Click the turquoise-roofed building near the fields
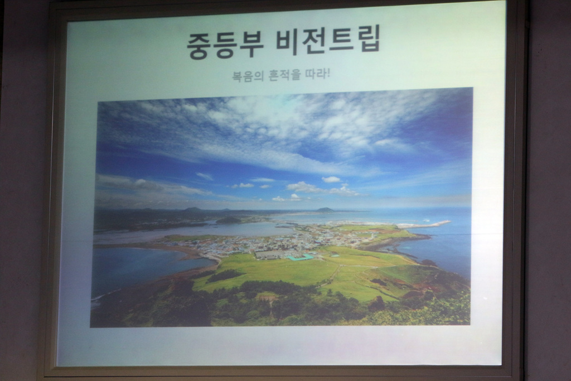299,258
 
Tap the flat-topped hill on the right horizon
325,209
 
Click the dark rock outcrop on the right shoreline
427,262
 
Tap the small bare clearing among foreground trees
264,298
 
